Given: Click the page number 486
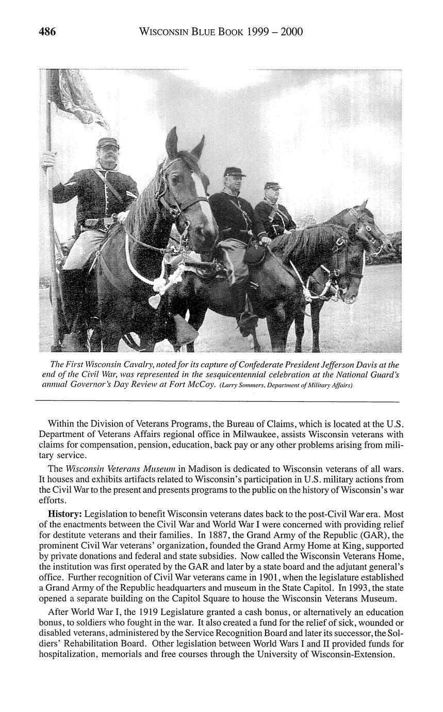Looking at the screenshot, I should coord(47,32).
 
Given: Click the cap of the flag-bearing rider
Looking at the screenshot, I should coord(107,142).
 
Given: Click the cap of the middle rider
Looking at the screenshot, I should coord(235,172).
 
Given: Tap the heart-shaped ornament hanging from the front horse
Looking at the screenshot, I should coord(154,301).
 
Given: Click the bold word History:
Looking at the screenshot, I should coord(64,514).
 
